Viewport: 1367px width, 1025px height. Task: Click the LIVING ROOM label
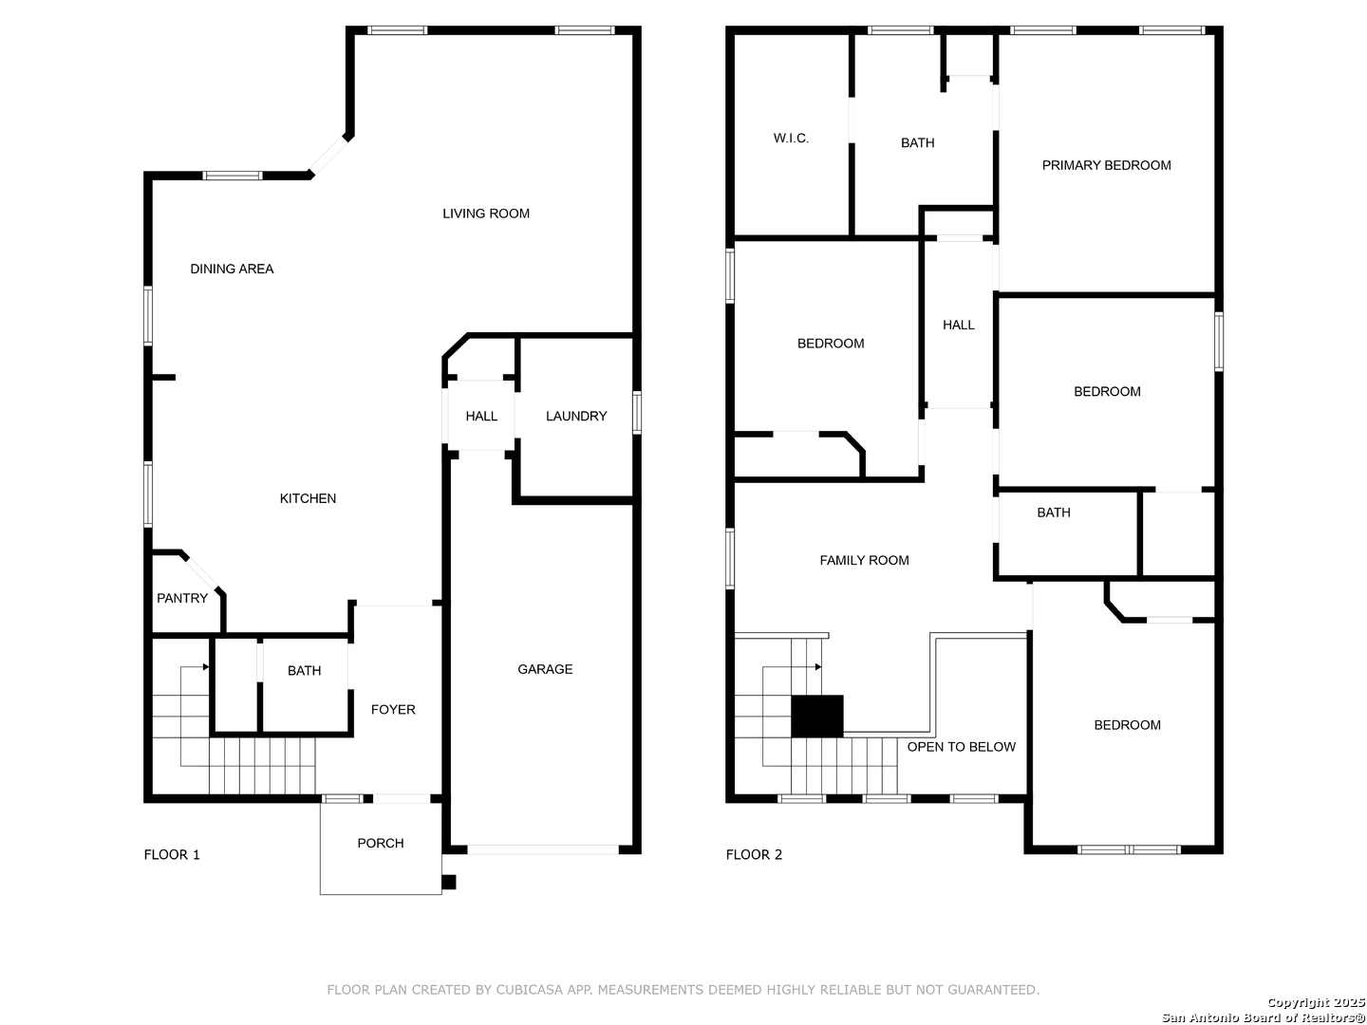[486, 214]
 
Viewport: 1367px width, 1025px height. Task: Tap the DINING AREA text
[232, 269]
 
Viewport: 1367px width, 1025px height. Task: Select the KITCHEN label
[308, 498]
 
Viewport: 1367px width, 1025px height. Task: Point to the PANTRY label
[182, 598]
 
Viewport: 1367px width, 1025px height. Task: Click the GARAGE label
[545, 669]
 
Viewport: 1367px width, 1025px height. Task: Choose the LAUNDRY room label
[576, 416]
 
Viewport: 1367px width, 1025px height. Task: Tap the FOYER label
[393, 710]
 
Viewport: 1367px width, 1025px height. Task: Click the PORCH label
[381, 844]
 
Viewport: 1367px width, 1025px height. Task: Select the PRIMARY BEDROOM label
[1106, 165]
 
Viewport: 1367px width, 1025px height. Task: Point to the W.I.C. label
[791, 139]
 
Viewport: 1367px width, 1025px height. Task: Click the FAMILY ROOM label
[864, 560]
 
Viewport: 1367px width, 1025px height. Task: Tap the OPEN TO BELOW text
[961, 747]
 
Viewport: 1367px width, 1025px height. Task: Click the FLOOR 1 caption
[172, 854]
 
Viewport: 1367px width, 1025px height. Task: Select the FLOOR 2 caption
[754, 854]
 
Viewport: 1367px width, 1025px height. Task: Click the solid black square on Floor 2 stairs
[817, 717]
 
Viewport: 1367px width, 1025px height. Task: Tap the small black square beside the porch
[448, 882]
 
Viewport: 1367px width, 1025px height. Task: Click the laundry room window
[636, 412]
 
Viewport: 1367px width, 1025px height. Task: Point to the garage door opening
[543, 849]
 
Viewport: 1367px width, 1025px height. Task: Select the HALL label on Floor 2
[959, 325]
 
